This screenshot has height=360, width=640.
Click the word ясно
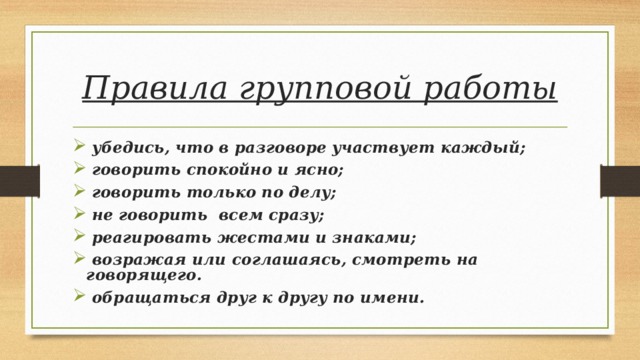click(x=320, y=170)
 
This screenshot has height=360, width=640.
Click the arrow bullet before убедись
click(x=79, y=148)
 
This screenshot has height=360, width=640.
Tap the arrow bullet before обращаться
click(x=79, y=297)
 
